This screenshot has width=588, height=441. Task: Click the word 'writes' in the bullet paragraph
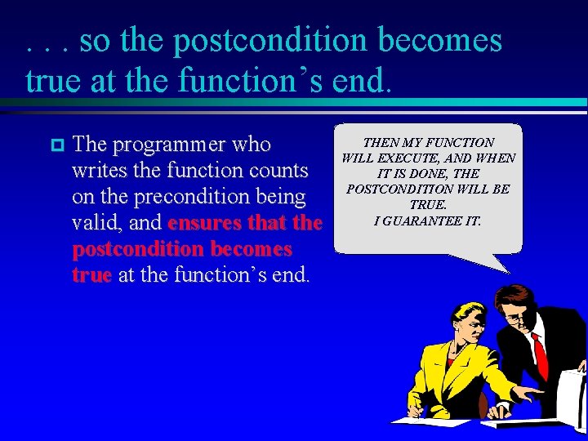click(x=96, y=171)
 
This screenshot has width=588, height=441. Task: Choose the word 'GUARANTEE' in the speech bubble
click(x=431, y=220)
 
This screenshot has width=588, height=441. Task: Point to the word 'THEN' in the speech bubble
click(x=380, y=143)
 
